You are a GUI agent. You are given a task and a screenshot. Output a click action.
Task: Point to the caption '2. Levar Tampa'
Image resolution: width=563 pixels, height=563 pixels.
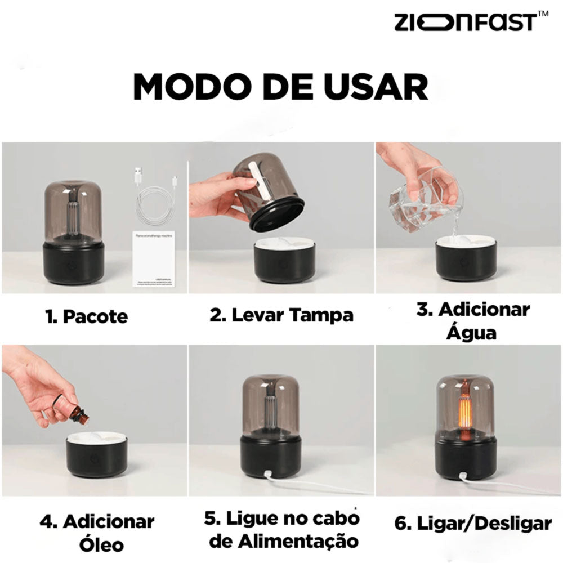click(281, 315)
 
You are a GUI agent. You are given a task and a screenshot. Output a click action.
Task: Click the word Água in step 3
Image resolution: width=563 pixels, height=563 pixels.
click(472, 333)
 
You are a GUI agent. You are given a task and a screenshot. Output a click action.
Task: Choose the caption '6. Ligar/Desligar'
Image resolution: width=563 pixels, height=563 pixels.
click(472, 524)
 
